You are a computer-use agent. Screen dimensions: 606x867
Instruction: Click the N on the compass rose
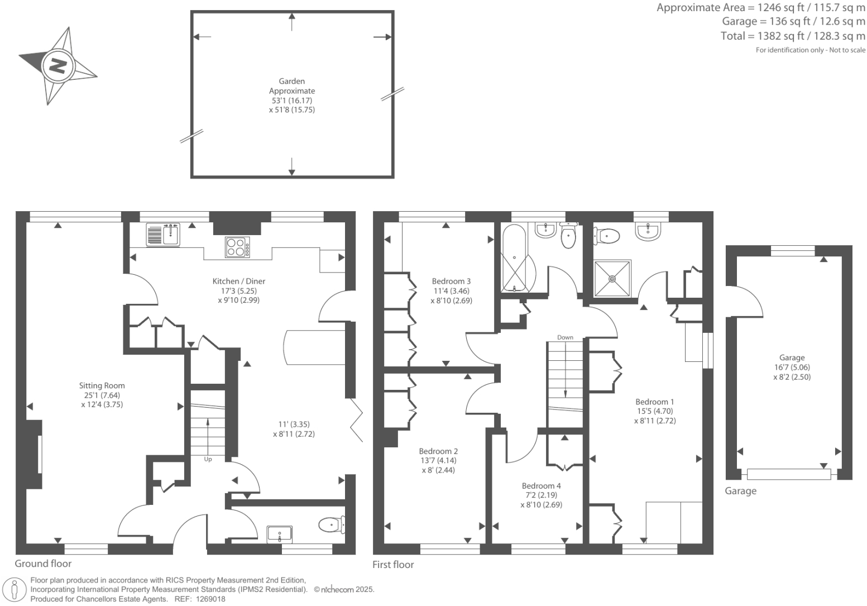tap(58, 66)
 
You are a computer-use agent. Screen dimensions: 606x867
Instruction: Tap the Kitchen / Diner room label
tap(238, 281)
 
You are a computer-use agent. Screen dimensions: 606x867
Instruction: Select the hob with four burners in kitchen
tap(237, 247)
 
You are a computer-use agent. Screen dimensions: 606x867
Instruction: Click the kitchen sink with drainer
tap(163, 235)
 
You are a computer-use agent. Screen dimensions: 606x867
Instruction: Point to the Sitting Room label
tap(102, 385)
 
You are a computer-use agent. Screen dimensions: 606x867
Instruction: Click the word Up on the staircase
tap(208, 460)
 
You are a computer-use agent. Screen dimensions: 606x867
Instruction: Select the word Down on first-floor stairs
tap(565, 337)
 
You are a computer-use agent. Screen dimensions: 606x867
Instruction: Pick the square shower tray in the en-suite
tap(612, 278)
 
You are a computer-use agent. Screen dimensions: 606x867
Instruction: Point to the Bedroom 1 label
tap(654, 402)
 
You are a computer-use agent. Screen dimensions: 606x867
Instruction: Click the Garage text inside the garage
tap(791, 357)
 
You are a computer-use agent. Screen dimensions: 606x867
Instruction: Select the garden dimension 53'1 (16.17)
tap(291, 101)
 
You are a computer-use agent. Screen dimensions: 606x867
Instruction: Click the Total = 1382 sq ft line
tap(793, 36)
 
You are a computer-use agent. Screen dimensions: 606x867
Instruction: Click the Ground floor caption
tap(43, 564)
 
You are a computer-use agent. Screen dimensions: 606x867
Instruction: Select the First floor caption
tap(393, 565)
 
